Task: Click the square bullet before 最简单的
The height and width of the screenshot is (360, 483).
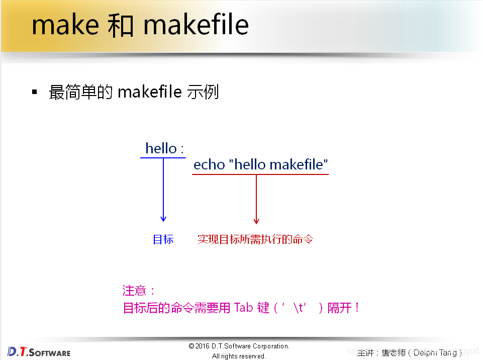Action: (35, 92)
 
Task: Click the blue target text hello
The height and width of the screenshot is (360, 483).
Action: (161, 148)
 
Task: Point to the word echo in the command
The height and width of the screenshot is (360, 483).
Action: (209, 164)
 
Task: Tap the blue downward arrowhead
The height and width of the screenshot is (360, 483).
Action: (163, 219)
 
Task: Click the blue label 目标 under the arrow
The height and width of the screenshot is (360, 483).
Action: (163, 239)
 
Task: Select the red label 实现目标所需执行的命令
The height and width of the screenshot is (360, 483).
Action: (255, 239)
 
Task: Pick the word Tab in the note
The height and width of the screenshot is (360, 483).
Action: (244, 307)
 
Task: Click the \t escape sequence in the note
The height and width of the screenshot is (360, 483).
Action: (300, 308)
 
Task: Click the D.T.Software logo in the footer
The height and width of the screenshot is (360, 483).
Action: (39, 351)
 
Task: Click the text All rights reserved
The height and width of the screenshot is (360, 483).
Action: (239, 356)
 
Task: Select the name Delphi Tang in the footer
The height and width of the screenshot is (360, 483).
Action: (435, 352)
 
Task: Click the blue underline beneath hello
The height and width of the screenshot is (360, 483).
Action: (163, 158)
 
